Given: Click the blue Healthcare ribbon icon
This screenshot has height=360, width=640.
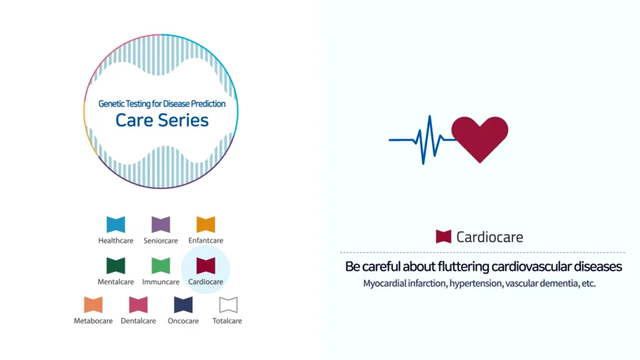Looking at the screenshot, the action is tap(116, 224).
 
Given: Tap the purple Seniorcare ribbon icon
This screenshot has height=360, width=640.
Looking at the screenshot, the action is tap(161, 224).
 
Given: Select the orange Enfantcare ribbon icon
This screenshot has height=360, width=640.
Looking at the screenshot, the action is tap(206, 224).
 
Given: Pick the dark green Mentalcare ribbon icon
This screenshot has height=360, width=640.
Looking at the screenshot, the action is tap(116, 265).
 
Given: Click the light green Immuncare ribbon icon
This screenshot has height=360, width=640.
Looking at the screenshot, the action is tap(161, 265).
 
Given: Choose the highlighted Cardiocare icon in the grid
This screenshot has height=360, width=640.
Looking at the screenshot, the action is tap(206, 265).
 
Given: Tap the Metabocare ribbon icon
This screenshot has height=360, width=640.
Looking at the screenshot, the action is tap(93, 304).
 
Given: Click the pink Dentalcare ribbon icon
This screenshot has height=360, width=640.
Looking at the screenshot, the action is tap(138, 304).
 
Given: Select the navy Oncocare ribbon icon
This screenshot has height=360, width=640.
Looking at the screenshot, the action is tap(183, 304).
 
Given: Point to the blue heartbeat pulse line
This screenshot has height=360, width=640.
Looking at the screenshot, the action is tap(423, 140).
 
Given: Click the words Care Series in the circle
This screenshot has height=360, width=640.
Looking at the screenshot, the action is tap(162, 120).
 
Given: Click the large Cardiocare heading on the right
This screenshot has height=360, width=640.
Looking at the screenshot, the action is tap(489, 237).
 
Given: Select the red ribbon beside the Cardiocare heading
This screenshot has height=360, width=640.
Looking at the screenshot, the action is tap(443, 236).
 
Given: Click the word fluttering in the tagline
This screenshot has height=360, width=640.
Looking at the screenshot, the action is tap(463, 266).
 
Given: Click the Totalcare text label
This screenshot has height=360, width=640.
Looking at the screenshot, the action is tap(227, 321).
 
